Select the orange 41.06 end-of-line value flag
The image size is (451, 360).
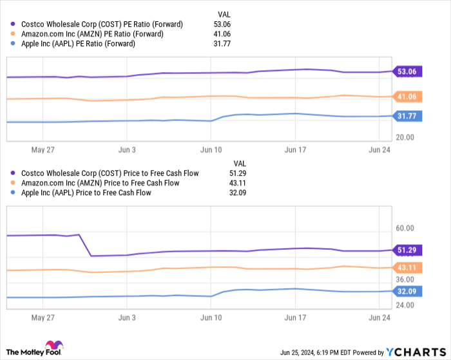(407, 97)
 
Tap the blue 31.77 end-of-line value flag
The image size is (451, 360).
(407, 116)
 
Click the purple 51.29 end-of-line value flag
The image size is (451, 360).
(407, 250)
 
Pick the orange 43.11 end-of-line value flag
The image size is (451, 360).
(407, 267)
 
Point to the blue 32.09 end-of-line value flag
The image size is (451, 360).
(407, 290)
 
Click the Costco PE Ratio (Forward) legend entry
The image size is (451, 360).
(97, 24)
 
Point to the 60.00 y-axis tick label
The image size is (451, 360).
(405, 229)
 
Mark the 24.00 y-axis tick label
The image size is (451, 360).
(405, 305)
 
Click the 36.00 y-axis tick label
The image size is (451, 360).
(405, 279)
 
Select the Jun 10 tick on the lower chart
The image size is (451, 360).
(211, 317)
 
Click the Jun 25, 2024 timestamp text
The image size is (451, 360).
(303, 352)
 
